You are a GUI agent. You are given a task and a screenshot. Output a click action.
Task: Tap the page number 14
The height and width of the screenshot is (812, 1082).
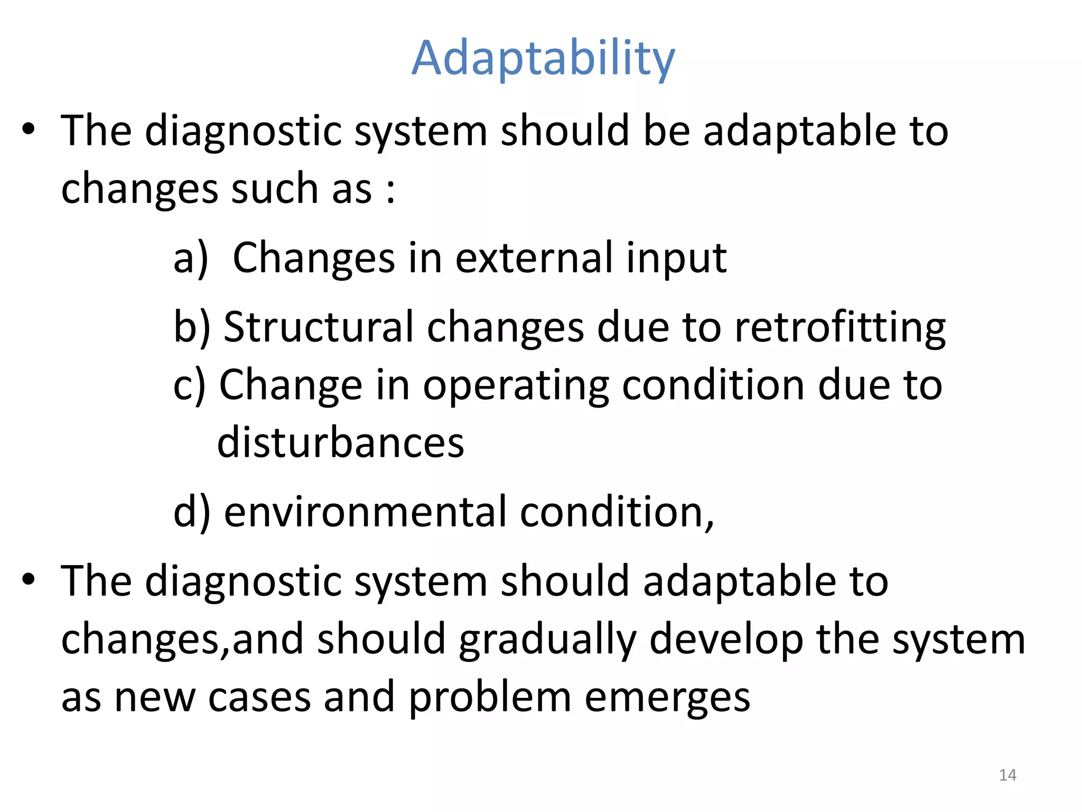coord(1008,775)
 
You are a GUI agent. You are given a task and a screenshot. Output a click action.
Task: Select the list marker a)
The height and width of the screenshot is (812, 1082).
coord(191,259)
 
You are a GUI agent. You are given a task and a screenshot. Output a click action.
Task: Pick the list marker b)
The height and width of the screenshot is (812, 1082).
coord(192,327)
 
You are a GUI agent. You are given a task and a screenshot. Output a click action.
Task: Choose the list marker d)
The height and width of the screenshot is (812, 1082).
coord(192,512)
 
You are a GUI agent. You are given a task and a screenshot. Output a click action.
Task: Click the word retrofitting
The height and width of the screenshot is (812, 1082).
coord(840,328)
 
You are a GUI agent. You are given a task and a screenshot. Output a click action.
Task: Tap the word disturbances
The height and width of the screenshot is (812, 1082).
coord(341,442)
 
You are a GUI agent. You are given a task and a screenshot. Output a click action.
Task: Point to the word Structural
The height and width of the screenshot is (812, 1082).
coord(319,327)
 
